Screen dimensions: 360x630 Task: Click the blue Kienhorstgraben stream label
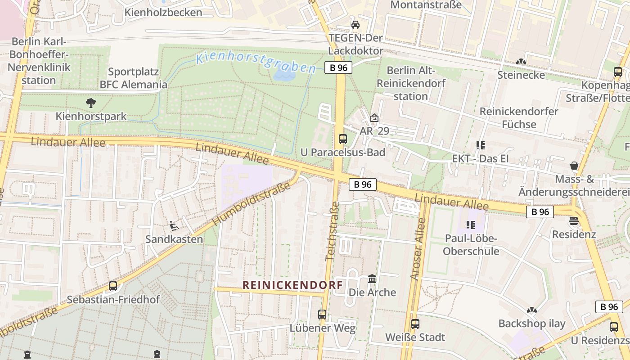[256, 63]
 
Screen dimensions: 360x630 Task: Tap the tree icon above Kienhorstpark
[91, 103]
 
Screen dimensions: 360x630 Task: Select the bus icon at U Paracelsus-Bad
[343, 139]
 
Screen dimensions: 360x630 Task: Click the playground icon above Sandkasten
[174, 225]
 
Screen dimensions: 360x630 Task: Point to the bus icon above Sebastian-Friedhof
[113, 286]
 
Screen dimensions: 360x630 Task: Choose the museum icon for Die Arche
[372, 279]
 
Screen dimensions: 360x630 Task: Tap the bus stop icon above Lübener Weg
[322, 314]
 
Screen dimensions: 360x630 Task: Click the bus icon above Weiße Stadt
[415, 324]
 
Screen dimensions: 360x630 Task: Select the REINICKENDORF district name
[292, 285]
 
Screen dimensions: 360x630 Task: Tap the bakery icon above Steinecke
[521, 62]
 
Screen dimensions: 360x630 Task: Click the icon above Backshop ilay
[532, 310]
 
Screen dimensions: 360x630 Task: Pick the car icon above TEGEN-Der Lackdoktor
[355, 24]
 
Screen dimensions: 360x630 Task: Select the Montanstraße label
[426, 5]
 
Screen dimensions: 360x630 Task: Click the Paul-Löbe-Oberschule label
[471, 244]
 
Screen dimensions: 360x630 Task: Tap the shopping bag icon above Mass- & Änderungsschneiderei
[574, 166]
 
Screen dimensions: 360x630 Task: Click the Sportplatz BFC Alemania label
[133, 78]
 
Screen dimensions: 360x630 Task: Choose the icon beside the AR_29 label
[374, 118]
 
